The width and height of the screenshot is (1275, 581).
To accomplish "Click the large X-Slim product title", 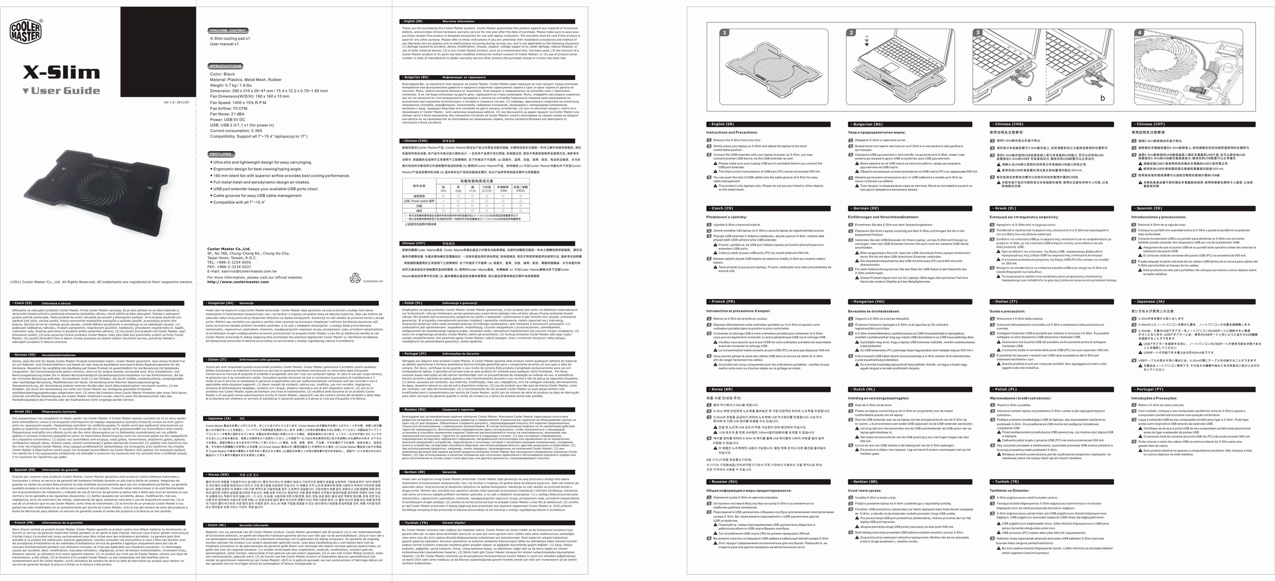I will [61, 73].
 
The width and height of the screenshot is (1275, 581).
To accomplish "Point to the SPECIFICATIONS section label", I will [226, 66].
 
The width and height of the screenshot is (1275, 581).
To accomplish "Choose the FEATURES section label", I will [220, 154].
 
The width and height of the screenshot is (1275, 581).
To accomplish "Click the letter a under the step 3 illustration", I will [1029, 98].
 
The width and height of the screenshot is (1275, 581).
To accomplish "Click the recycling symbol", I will [355, 279].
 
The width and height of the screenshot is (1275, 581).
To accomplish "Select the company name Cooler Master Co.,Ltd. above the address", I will [229, 249].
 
